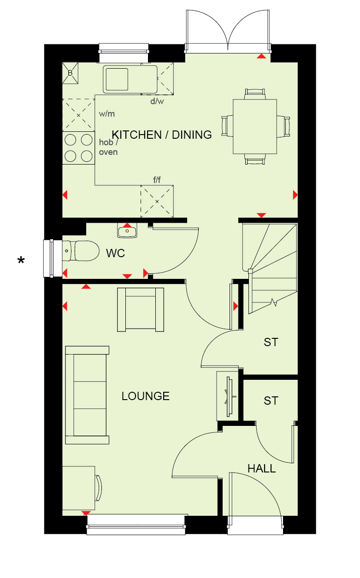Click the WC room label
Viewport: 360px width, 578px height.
point(115,253)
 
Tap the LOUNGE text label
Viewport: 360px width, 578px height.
point(146,396)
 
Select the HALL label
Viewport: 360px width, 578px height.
point(262,468)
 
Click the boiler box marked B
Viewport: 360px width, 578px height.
point(70,73)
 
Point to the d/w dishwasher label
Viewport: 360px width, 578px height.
point(157,101)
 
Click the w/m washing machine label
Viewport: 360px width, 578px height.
point(107,114)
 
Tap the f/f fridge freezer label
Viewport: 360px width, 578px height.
point(157,180)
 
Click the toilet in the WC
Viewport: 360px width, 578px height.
point(81,251)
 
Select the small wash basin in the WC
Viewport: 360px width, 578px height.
point(127,230)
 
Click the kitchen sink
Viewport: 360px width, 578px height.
point(130,79)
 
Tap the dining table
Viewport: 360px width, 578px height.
point(255,126)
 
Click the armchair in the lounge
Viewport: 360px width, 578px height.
point(141,310)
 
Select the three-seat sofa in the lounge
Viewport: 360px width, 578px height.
point(87,395)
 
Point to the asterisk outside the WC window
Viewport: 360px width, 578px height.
point(21,260)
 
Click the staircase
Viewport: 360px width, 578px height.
point(270,268)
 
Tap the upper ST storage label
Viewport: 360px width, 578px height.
point(271,342)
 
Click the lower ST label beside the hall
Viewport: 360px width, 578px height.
point(271,401)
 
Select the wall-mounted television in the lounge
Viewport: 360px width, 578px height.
point(230,396)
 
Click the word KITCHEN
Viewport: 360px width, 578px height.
point(136,135)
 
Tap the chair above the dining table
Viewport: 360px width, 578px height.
point(255,94)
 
